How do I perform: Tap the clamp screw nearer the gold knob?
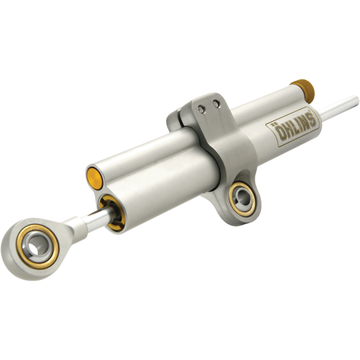[217, 104]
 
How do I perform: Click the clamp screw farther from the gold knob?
[202, 110]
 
